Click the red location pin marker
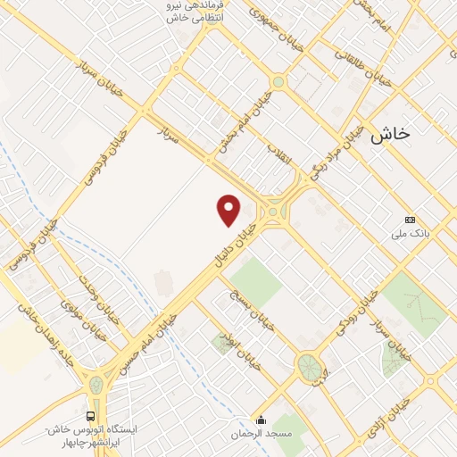[x=229, y=210]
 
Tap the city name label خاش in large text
[x=391, y=134]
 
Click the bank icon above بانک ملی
[x=411, y=220]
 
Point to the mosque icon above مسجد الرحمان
[x=261, y=420]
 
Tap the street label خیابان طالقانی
[x=356, y=63]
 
